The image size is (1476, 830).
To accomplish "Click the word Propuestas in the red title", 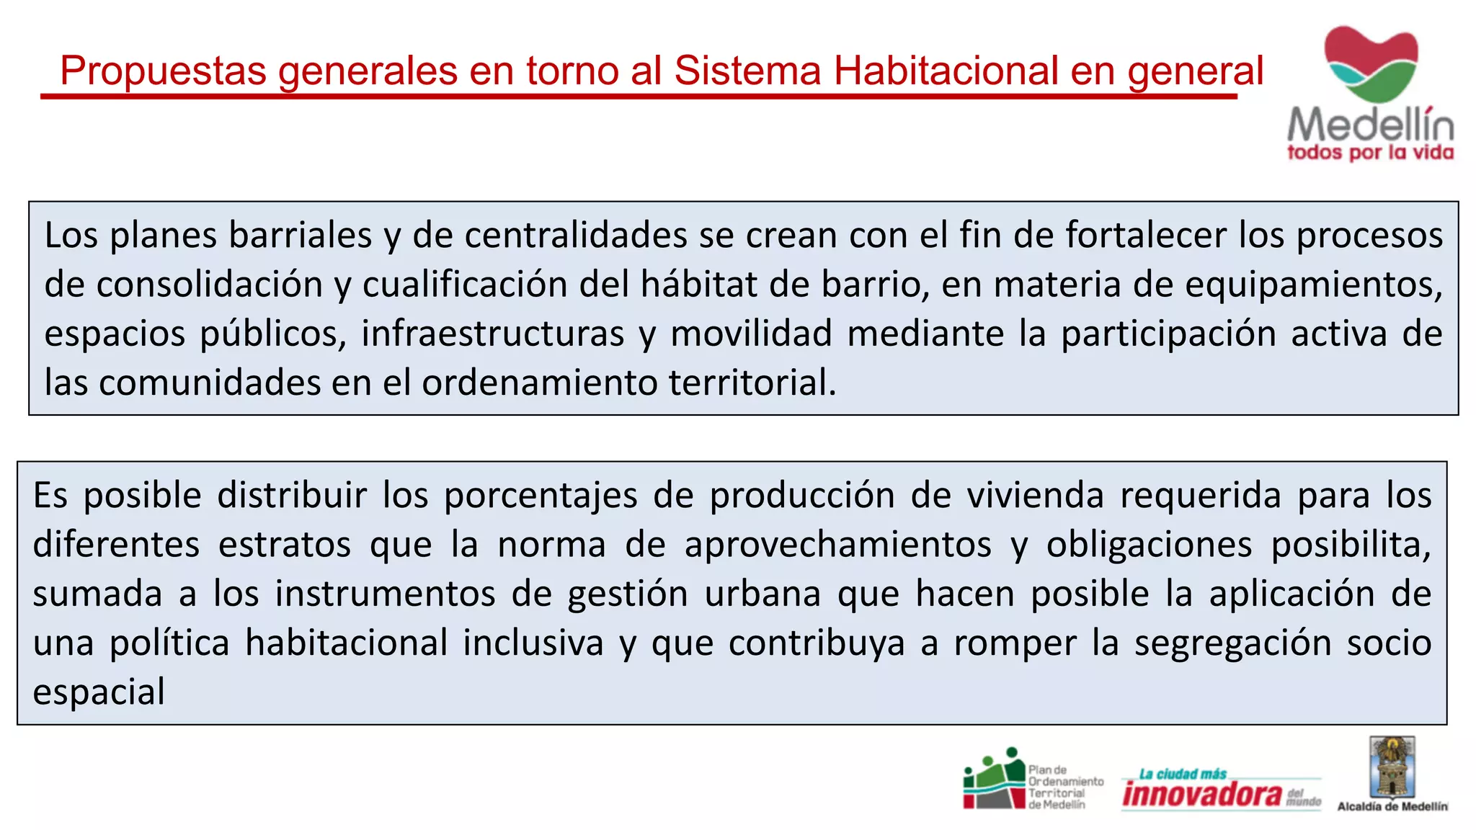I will [x=164, y=71].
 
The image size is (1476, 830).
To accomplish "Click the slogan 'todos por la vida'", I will [x=1370, y=153].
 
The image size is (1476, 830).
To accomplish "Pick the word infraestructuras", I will [x=493, y=334].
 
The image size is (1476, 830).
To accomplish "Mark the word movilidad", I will [x=751, y=334].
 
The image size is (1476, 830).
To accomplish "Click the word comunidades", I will [x=210, y=383].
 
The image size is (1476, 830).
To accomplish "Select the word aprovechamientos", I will [x=837, y=545].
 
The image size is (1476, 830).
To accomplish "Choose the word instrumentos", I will [x=385, y=594].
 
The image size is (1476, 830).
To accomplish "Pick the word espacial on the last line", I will [x=99, y=692].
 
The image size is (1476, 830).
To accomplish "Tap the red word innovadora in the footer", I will [x=1202, y=794].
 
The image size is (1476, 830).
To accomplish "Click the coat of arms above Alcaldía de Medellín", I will [x=1392, y=767].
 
